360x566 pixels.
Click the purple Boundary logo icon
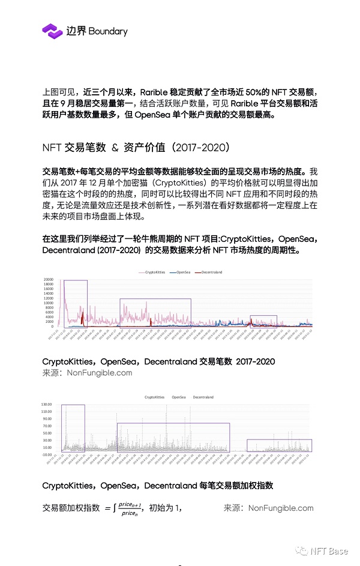pos(52,31)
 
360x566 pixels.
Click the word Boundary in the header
pos(108,31)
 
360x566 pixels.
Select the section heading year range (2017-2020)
pos(197,148)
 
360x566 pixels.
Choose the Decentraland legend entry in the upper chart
pos(209,272)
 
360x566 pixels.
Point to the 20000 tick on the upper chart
pos(49,280)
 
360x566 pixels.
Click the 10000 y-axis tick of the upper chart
pos(49,303)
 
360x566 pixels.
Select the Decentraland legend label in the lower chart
pos(203,397)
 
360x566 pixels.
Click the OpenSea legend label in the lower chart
pos(179,397)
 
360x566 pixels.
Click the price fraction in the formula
pos(129,508)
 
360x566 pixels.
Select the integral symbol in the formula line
pos(114,508)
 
